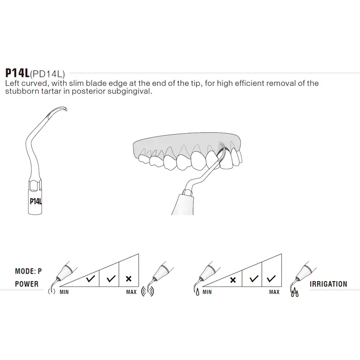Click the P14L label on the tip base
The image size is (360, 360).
pyautogui.click(x=36, y=201)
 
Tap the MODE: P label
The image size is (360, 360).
pyautogui.click(x=28, y=271)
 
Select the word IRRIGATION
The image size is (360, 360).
pyautogui.click(x=328, y=284)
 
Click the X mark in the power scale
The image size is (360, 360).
pyautogui.click(x=129, y=279)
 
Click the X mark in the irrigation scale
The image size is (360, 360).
pyautogui.click(x=233, y=280)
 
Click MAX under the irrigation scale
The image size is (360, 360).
pyautogui.click(x=274, y=292)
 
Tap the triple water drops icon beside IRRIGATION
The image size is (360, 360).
pyautogui.click(x=295, y=292)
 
